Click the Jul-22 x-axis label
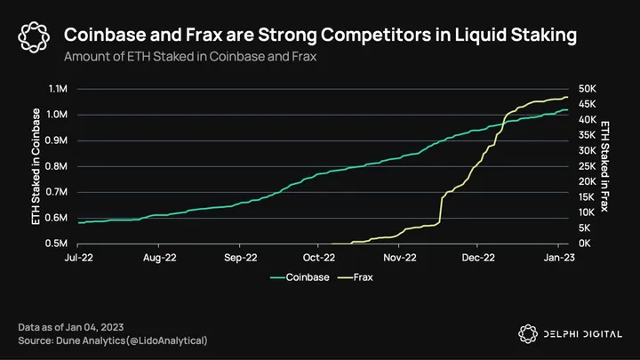[x=78, y=258]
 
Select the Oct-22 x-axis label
[x=319, y=258]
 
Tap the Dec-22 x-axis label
[x=478, y=258]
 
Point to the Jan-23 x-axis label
[x=558, y=258]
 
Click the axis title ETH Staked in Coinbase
[x=37, y=166]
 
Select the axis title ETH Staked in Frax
[x=605, y=166]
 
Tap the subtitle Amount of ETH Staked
[x=189, y=56]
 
